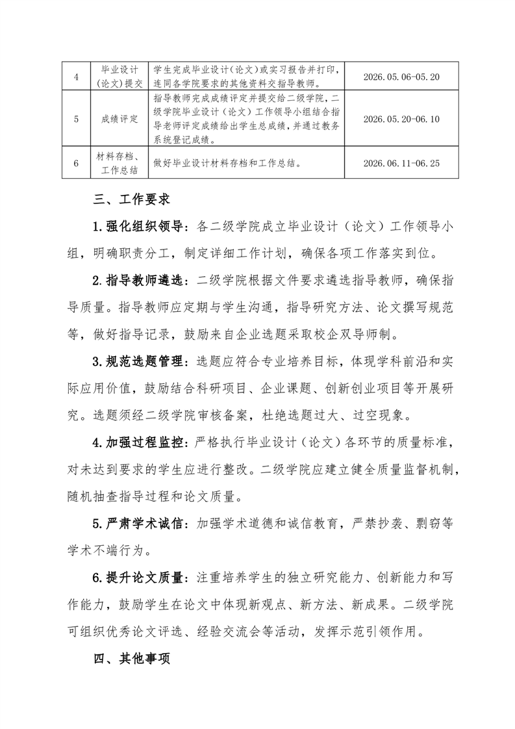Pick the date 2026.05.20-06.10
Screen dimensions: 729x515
coord(401,119)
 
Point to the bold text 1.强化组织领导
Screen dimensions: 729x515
coord(138,227)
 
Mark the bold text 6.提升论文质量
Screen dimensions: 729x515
coord(138,578)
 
